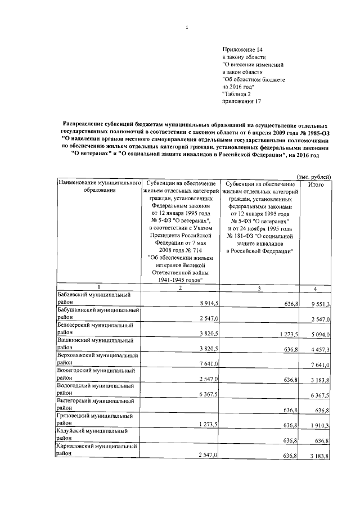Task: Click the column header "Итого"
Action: point(316,184)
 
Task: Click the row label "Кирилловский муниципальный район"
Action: point(97,450)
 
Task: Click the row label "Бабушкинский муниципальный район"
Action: point(97,314)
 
